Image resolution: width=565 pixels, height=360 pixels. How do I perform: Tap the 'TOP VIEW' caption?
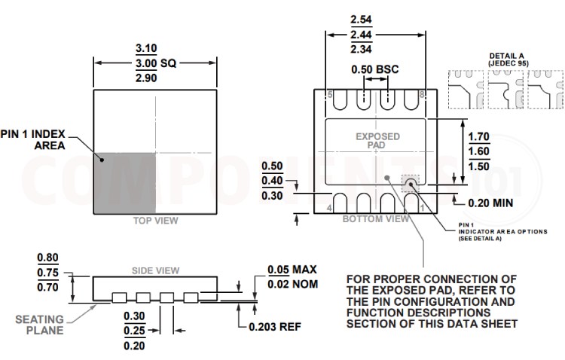(x=155, y=221)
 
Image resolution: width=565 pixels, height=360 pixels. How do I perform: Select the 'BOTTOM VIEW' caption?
(x=377, y=218)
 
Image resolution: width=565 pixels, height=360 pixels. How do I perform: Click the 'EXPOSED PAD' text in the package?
(x=377, y=141)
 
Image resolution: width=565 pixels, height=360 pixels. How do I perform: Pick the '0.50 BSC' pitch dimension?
(x=375, y=70)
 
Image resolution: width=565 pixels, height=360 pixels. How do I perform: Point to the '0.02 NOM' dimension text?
(x=293, y=284)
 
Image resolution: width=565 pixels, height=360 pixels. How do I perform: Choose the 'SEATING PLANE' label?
(x=39, y=325)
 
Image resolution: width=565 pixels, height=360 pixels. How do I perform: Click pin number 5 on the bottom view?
(x=329, y=95)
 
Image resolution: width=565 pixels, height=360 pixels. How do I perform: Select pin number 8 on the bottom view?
(x=423, y=95)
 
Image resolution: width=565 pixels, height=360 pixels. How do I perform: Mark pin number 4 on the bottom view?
(x=329, y=206)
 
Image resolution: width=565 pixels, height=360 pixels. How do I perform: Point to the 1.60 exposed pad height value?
(x=479, y=151)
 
